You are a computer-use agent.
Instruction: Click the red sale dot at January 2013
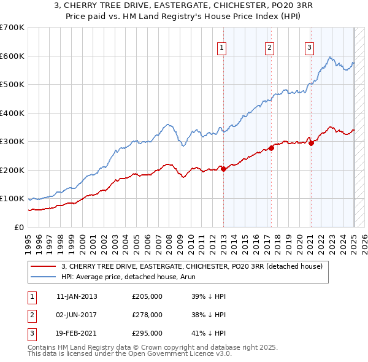point(223,169)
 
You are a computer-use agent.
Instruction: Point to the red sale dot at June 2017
point(271,148)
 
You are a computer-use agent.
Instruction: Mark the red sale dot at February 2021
point(311,143)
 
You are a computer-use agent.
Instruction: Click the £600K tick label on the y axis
point(12,56)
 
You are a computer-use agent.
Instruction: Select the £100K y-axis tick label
point(12,199)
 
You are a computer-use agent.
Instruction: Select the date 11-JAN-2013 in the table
point(77,296)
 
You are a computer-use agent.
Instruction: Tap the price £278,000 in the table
point(147,315)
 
